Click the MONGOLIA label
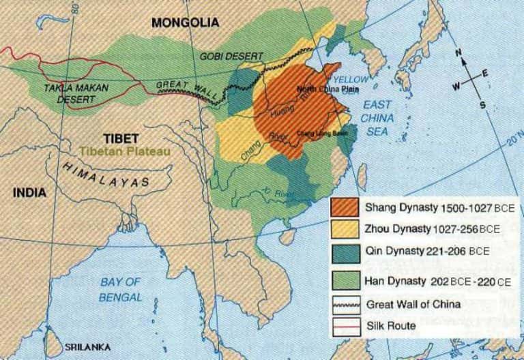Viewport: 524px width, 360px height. point(185,22)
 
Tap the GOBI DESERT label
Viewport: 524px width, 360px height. point(229,55)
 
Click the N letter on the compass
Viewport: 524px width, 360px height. point(462,56)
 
